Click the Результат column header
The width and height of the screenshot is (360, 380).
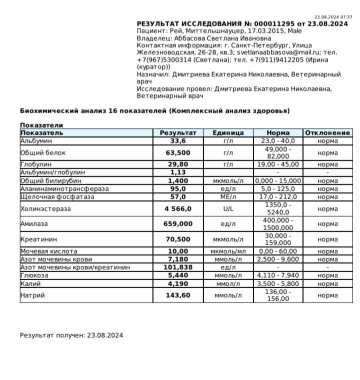tap(178, 133)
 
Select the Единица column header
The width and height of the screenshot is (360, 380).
tap(228, 133)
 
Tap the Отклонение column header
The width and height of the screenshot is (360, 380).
tap(327, 133)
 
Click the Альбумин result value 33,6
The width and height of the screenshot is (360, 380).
tap(178, 140)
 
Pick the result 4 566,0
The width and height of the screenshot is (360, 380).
tap(178, 209)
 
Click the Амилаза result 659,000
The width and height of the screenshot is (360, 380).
tap(178, 224)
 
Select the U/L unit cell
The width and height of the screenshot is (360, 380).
tap(228, 209)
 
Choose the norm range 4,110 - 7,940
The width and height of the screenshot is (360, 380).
tap(278, 275)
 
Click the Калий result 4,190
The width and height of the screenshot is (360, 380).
tap(178, 283)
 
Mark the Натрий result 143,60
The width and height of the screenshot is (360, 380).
tap(178, 295)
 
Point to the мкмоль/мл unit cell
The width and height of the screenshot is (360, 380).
tap(228, 251)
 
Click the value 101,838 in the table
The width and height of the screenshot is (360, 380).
tap(178, 267)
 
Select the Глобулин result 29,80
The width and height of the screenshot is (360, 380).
tap(178, 164)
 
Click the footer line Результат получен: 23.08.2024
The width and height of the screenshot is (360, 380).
tap(71, 335)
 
